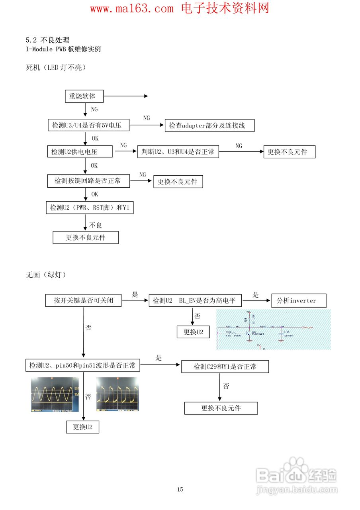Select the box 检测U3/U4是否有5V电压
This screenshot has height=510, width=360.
[x=88, y=126]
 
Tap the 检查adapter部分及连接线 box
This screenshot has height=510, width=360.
[x=209, y=126]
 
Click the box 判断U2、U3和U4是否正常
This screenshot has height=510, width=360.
[x=178, y=152]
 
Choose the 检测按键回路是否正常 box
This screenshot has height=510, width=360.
[x=89, y=181]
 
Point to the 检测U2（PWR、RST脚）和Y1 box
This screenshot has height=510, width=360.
[x=90, y=208]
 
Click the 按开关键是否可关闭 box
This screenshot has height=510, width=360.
[x=84, y=300]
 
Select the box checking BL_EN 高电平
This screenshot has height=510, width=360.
[x=195, y=300]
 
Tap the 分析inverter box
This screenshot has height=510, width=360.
[x=299, y=300]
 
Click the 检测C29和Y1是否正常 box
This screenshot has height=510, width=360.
[x=225, y=367]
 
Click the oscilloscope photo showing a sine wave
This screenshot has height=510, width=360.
[x=55, y=394]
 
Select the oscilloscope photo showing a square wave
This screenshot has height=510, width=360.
[x=117, y=394]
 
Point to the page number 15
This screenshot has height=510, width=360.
[x=180, y=489]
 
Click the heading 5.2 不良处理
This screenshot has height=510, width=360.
[x=48, y=40]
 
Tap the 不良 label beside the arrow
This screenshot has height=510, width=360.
[x=96, y=225]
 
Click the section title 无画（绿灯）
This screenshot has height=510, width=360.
[x=46, y=275]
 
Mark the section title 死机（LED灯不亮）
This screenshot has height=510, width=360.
[x=56, y=68]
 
